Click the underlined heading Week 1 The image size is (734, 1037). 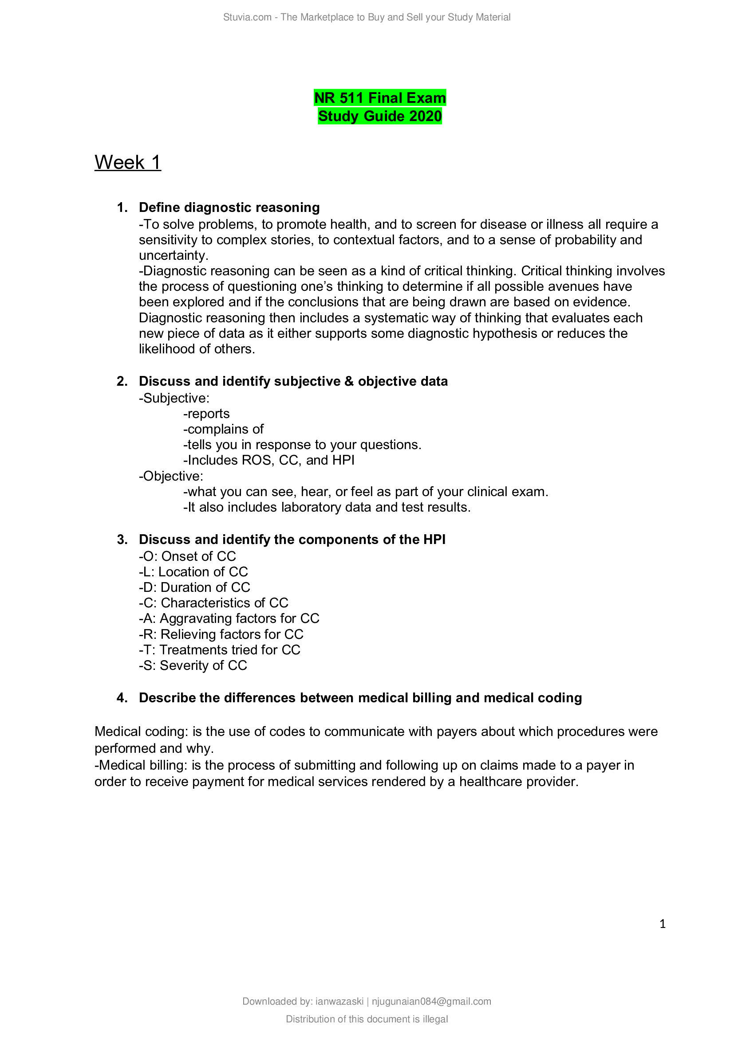(x=127, y=163)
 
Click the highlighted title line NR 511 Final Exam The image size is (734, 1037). (x=380, y=98)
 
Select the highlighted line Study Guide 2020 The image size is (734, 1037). (x=380, y=116)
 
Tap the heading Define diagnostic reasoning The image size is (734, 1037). (x=229, y=207)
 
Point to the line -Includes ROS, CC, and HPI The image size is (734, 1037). (x=268, y=460)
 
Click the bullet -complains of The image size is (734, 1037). (x=223, y=429)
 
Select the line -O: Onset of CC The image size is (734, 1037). (x=187, y=556)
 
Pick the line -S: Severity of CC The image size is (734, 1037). (x=193, y=665)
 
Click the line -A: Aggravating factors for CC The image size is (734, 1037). (x=229, y=618)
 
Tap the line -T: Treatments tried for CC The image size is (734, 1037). (x=219, y=650)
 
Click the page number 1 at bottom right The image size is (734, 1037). (x=663, y=924)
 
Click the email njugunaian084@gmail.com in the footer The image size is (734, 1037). (x=431, y=1002)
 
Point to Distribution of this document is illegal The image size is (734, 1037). (x=367, y=1019)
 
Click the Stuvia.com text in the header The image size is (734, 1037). (x=247, y=17)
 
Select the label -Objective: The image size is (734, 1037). (x=171, y=476)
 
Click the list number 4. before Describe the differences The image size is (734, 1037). (x=122, y=698)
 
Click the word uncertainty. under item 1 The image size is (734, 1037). (x=174, y=256)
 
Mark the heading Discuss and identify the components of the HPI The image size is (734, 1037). (x=292, y=539)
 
